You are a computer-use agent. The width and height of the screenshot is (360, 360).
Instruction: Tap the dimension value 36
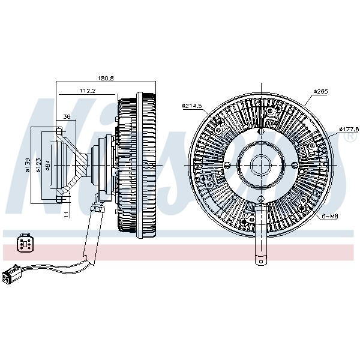[67, 116]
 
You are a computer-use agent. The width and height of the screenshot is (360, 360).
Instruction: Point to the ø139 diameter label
[28, 165]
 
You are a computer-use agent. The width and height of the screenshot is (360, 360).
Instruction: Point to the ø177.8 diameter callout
[349, 128]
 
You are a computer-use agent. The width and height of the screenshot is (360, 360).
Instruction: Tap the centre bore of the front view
[262, 164]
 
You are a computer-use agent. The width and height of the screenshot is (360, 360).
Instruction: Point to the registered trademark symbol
[347, 137]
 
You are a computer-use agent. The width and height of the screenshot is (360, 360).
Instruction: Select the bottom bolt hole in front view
[262, 199]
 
